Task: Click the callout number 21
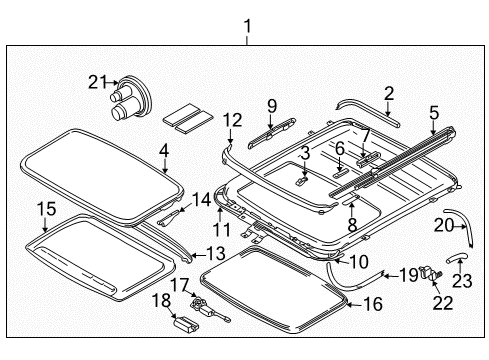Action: (97, 82)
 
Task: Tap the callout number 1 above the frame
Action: (247, 26)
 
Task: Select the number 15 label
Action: (46, 209)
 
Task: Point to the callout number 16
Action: (373, 304)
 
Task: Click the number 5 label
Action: (434, 113)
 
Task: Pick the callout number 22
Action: (443, 303)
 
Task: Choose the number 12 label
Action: (232, 120)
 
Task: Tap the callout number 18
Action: (162, 300)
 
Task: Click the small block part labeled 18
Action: (186, 324)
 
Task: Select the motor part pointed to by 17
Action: (210, 308)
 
